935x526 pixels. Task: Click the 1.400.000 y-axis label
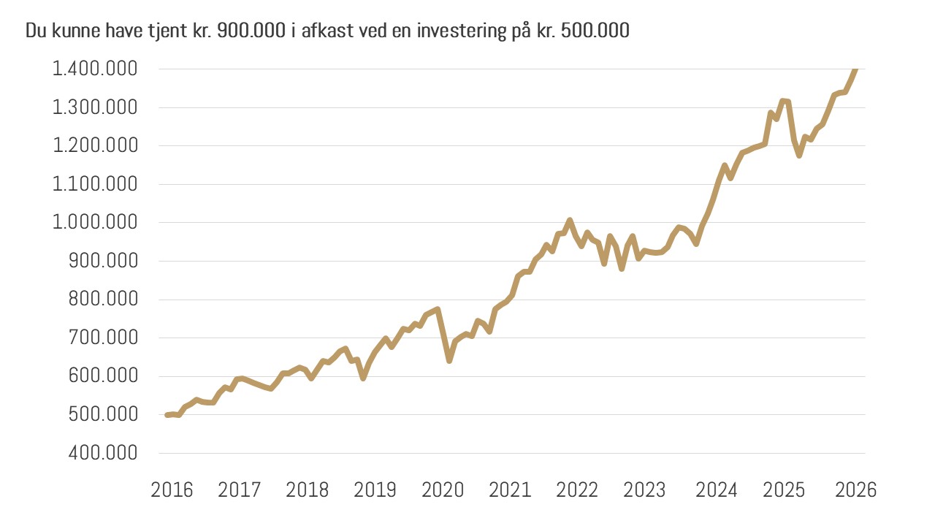(x=94, y=69)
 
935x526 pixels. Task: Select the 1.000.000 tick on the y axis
(x=94, y=223)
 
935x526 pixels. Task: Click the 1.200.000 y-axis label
(x=94, y=146)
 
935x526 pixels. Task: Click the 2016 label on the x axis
(x=172, y=489)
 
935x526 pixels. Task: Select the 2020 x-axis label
(x=443, y=489)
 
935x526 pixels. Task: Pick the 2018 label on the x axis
(x=308, y=489)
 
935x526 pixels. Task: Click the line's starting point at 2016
(x=167, y=415)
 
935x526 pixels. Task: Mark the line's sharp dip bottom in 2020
(x=449, y=360)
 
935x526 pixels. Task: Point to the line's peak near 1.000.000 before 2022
(x=570, y=220)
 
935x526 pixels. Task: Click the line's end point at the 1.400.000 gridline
(x=856, y=69)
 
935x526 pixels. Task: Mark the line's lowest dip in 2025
(x=799, y=155)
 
